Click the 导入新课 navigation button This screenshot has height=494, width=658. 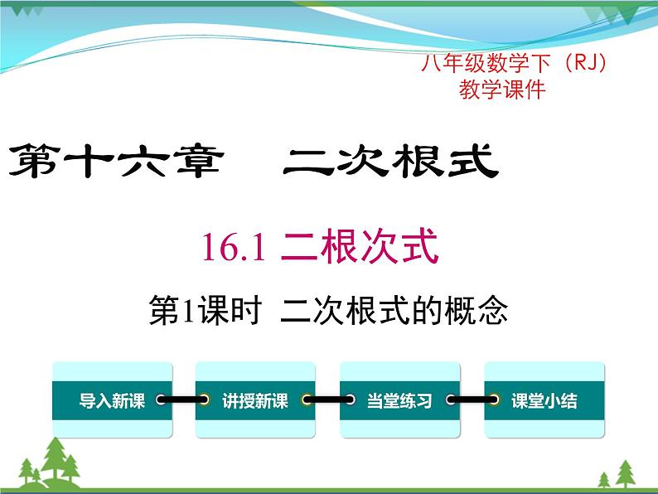(x=112, y=401)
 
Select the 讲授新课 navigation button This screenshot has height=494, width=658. (x=255, y=401)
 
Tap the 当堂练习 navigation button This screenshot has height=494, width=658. (x=399, y=401)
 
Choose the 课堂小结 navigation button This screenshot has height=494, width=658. (x=544, y=401)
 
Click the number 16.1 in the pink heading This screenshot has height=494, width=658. (x=233, y=248)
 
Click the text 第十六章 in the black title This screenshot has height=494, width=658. (x=115, y=161)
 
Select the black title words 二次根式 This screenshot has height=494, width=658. (x=389, y=161)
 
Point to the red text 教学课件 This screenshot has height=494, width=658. (x=502, y=90)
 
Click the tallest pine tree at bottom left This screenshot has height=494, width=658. (x=56, y=460)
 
